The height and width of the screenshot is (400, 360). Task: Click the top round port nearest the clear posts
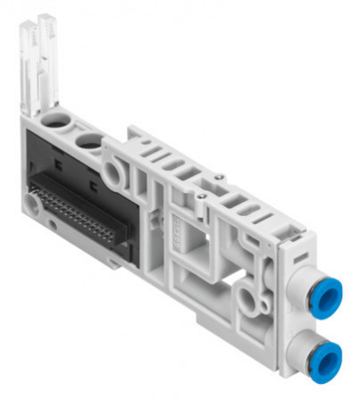pos(56,121)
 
